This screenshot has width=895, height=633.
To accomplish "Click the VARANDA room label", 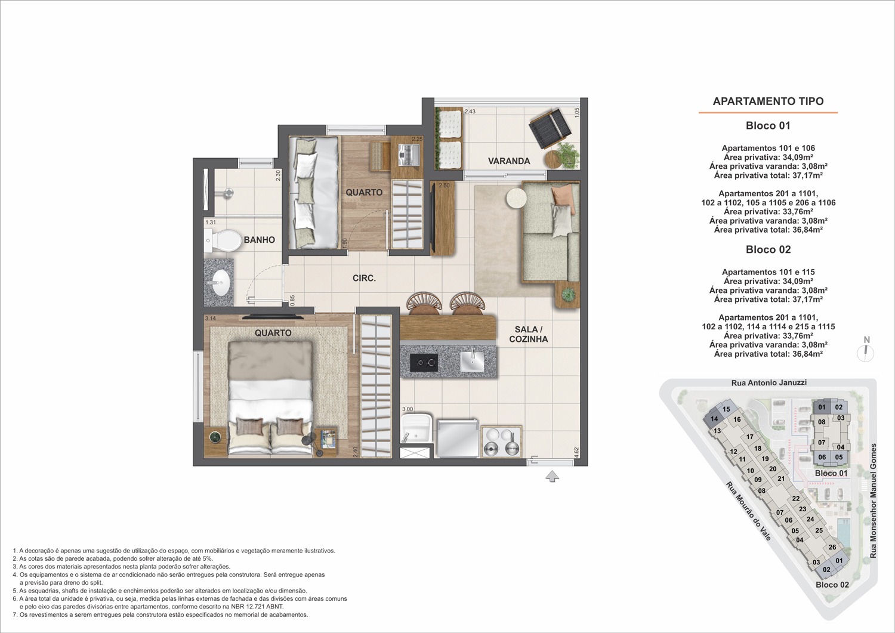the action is (x=508, y=161).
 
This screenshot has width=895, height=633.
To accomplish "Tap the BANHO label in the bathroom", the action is (x=260, y=240).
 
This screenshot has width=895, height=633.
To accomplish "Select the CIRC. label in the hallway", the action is (x=364, y=278).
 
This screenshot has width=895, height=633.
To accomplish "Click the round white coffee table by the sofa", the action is (x=516, y=198).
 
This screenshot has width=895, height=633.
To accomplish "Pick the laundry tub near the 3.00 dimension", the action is (x=416, y=429).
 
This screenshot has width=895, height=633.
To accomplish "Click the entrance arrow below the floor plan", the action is (x=552, y=477).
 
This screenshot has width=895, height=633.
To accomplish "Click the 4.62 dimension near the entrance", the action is (x=576, y=452).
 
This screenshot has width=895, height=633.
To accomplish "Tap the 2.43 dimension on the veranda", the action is (x=470, y=112).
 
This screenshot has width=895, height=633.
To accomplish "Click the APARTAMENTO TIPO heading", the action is (x=768, y=101).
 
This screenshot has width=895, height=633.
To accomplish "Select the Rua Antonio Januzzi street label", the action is (x=769, y=382).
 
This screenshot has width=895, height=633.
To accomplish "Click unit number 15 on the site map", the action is (x=726, y=409).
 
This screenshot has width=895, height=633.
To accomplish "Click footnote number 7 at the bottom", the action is (x=14, y=626).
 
